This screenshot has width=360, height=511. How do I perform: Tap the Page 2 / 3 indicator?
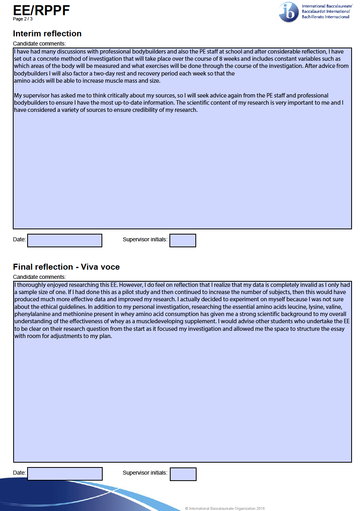point(23,19)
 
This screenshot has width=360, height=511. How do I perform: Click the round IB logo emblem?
point(288,12)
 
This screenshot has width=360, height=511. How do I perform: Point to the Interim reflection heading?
point(47,34)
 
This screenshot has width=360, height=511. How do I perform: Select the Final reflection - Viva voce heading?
point(66,267)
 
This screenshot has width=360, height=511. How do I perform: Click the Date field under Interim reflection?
point(65,241)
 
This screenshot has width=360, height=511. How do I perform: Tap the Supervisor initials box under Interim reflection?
point(183,241)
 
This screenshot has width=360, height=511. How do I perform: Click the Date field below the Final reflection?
point(65,474)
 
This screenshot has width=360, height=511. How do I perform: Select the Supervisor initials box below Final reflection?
point(183,474)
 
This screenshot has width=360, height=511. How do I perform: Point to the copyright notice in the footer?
point(225,509)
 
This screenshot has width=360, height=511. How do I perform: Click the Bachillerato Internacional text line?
point(326,17)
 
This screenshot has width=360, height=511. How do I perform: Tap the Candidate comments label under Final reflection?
point(39,277)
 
